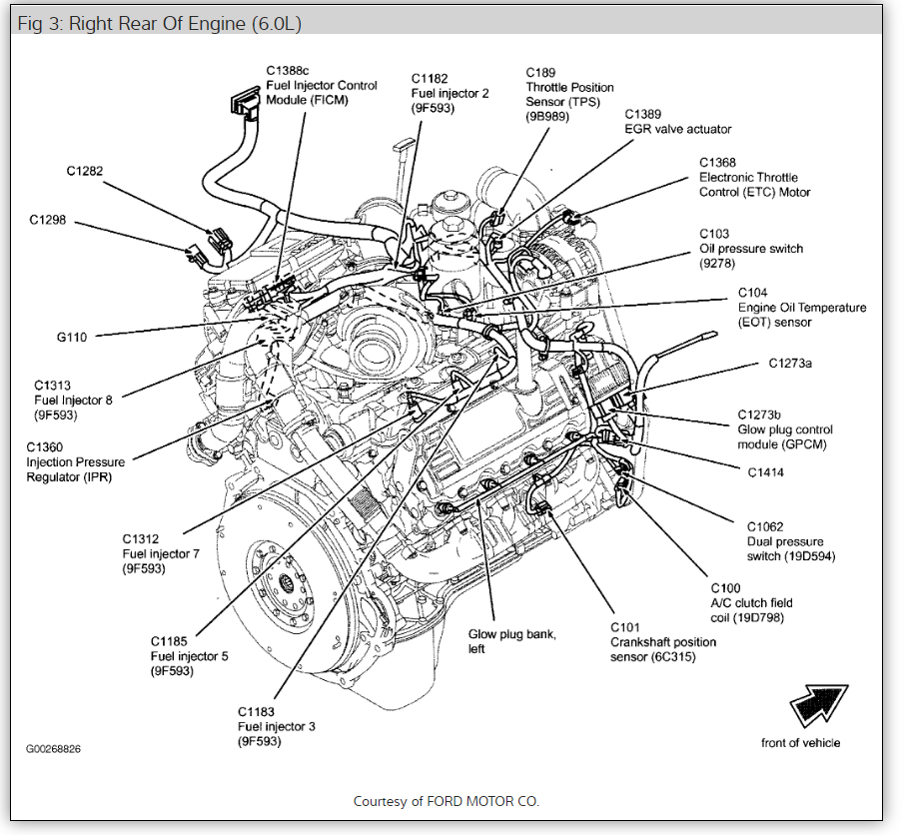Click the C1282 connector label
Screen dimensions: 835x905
(85, 171)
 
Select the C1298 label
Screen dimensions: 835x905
(48, 220)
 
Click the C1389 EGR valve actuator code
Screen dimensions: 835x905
(643, 115)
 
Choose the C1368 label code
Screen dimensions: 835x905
(717, 163)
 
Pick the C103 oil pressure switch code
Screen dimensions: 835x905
(714, 235)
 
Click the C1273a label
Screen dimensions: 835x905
(790, 364)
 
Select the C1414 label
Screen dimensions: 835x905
(765, 471)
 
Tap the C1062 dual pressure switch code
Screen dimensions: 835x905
(765, 526)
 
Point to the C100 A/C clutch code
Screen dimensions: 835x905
(725, 588)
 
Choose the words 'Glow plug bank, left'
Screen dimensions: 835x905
(512, 641)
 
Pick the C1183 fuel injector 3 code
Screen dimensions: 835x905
(258, 712)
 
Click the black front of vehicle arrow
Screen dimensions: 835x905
(818, 705)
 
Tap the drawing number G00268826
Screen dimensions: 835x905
(54, 748)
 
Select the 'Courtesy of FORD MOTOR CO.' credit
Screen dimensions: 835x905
(447, 801)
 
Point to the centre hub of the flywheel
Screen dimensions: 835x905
(289, 582)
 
